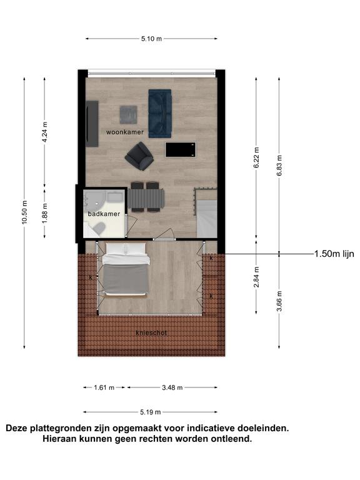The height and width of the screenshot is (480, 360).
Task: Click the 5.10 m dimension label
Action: (151, 39)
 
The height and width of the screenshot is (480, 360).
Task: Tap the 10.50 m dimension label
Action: (24, 212)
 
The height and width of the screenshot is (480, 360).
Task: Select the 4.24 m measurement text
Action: (45, 132)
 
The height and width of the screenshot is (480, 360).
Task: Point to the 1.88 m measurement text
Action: (45, 213)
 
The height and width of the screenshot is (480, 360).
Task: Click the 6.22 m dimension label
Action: (256, 157)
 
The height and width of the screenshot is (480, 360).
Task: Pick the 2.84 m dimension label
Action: (256, 277)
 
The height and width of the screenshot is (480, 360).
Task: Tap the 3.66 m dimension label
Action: (279, 301)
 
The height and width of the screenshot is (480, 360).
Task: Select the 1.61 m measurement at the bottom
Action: (104, 387)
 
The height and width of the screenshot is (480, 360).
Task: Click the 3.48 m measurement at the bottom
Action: (172, 387)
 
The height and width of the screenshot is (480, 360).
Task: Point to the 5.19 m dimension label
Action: (150, 412)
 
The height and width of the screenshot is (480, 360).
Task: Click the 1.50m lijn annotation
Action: (334, 254)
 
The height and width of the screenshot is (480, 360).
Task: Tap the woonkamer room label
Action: (125, 132)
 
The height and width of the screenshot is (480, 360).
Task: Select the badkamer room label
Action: (104, 214)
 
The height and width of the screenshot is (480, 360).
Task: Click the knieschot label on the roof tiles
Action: (151, 332)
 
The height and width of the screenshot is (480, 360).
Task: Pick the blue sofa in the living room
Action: (160, 114)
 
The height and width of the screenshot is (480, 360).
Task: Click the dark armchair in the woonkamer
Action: (139, 156)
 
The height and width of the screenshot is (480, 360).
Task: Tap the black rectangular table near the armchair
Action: (181, 150)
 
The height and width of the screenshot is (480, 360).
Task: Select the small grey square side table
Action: (128, 114)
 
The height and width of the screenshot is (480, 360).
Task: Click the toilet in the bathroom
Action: (99, 228)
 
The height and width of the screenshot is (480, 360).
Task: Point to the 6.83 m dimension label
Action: (279, 166)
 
